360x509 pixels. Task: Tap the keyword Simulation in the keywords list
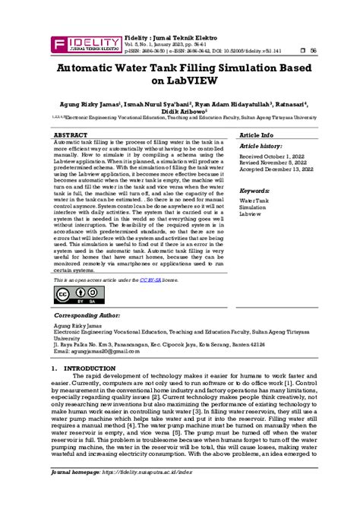click(254, 207)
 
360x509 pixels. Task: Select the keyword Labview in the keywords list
click(251, 213)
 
